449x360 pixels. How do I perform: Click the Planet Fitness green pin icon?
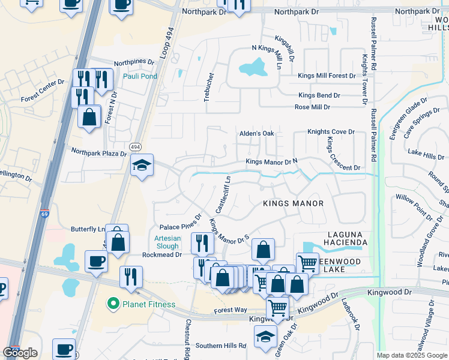[x=112, y=304]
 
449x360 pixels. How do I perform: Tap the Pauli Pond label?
[x=140, y=76]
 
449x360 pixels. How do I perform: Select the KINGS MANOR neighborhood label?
[x=293, y=203]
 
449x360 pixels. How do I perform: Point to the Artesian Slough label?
[x=163, y=242]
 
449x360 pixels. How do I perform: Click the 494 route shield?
[x=135, y=146]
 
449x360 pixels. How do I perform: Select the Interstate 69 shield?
[x=45, y=214]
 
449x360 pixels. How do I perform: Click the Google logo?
[x=20, y=353]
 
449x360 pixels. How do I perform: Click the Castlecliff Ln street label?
[x=223, y=194]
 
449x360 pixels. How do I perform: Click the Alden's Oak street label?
[x=257, y=133]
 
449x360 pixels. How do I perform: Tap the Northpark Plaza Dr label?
[x=99, y=154]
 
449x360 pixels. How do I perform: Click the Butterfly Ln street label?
[x=88, y=229]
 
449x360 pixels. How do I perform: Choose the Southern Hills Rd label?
[x=220, y=346]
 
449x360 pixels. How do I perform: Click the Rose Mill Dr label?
[x=312, y=107]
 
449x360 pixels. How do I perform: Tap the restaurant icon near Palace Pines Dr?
[x=201, y=242]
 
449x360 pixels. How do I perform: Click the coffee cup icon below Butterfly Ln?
[x=96, y=261]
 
